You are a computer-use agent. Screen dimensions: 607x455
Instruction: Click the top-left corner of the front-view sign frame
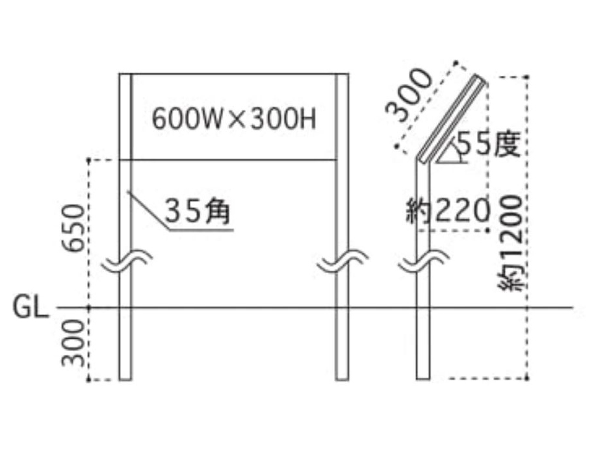click(119, 73)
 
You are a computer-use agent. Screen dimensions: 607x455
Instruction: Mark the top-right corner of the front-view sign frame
click(348, 73)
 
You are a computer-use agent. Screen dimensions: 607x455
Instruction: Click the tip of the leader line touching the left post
click(128, 191)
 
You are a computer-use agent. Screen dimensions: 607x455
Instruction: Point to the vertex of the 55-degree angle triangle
click(435, 162)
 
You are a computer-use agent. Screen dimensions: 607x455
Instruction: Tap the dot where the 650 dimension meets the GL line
click(89, 308)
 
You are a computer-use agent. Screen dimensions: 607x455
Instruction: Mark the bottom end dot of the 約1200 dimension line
click(527, 378)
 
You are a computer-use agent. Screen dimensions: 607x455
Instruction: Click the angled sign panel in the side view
click(452, 118)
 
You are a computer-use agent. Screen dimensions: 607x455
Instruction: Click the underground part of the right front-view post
click(342, 344)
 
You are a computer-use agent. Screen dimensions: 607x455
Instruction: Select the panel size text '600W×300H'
click(234, 119)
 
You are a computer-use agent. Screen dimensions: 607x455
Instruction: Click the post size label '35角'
click(198, 212)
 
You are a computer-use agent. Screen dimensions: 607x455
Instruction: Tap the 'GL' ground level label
click(31, 307)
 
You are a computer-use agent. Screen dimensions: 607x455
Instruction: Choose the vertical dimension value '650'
click(73, 228)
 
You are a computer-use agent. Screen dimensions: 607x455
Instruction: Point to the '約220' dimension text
click(448, 212)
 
